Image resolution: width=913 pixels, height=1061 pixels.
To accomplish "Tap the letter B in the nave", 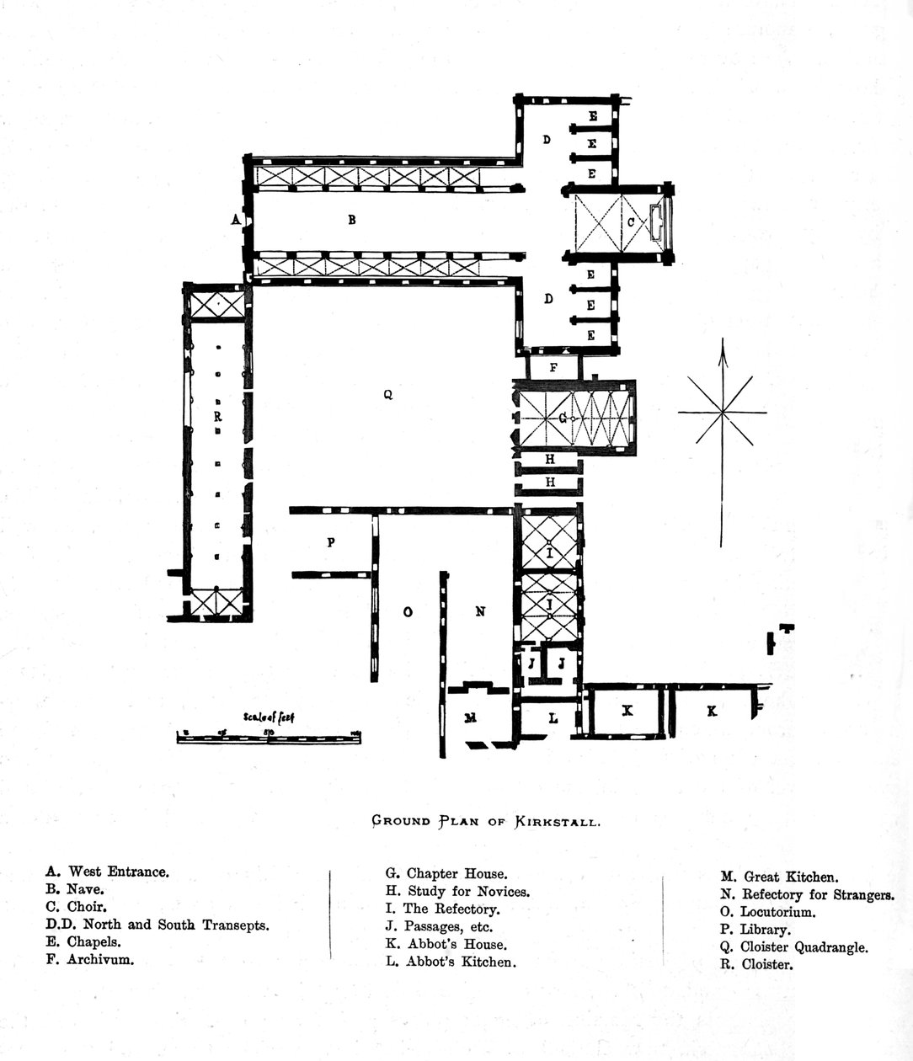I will [x=352, y=220].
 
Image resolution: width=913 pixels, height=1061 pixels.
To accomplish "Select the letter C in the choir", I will [x=630, y=222].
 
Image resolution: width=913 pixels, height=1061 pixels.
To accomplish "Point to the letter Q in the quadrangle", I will [x=387, y=394].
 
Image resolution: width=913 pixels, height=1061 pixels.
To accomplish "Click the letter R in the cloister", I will [x=217, y=416].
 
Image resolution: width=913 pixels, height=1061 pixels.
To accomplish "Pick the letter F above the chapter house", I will [x=553, y=367].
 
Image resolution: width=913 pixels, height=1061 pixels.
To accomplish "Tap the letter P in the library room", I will [x=331, y=543].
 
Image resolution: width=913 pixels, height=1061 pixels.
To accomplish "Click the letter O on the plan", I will [x=408, y=612].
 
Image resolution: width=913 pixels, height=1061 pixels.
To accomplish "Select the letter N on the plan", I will [x=480, y=611].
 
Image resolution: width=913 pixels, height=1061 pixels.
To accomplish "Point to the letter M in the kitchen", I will [x=471, y=717].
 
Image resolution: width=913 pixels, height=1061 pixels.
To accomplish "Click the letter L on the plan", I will [x=553, y=718].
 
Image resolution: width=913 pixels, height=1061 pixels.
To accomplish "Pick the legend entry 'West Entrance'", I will [x=108, y=872].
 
